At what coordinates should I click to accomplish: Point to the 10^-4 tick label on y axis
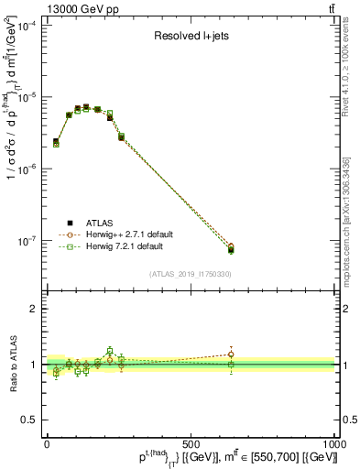(x=28, y=26)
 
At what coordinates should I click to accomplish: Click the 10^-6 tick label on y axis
(x=28, y=169)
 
